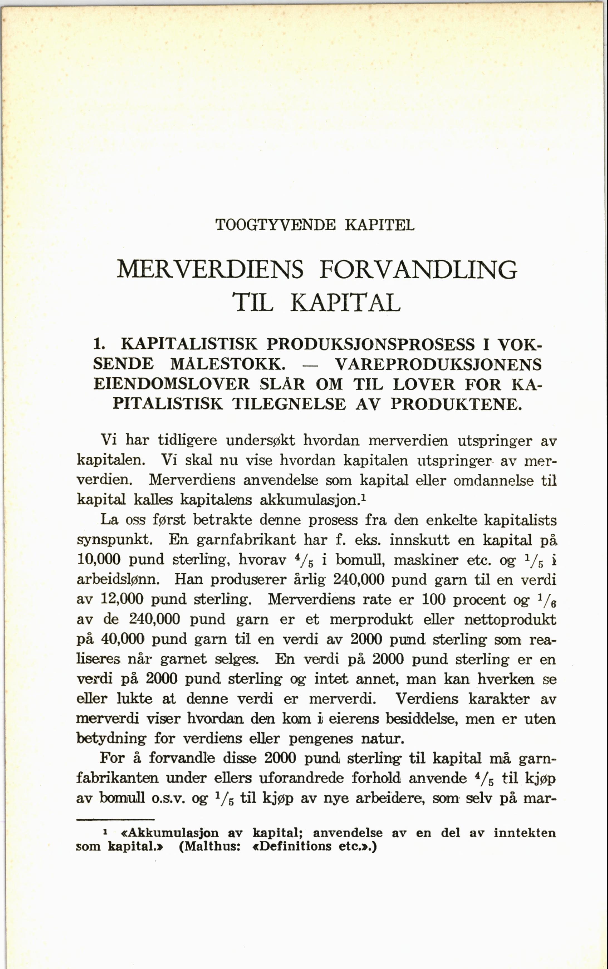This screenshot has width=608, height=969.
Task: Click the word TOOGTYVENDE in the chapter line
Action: (x=275, y=225)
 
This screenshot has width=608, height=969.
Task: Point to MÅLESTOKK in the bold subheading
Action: (x=228, y=364)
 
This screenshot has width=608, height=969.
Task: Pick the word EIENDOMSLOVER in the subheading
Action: (x=172, y=384)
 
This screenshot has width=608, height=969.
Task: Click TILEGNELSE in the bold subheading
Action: (x=289, y=404)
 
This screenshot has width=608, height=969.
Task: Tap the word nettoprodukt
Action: (x=510, y=619)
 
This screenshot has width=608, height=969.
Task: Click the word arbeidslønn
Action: (x=118, y=580)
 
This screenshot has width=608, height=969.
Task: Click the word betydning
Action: (x=111, y=738)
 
